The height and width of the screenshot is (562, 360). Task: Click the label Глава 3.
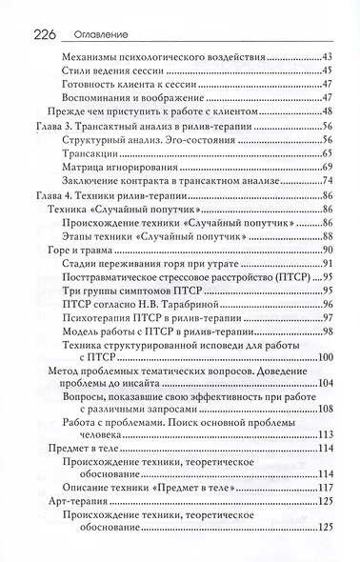pyautogui.click(x=54, y=126)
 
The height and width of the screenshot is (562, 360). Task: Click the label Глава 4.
pyautogui.click(x=54, y=194)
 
